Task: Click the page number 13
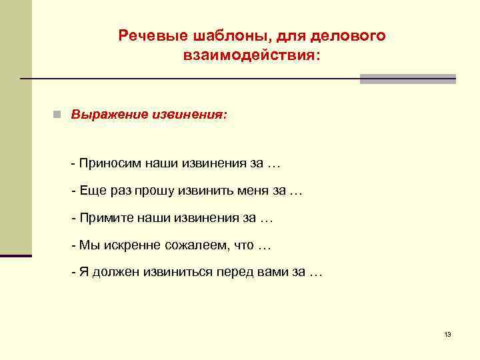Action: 447,334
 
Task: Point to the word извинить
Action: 207,191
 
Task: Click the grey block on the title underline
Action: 408,79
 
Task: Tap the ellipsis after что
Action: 265,246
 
